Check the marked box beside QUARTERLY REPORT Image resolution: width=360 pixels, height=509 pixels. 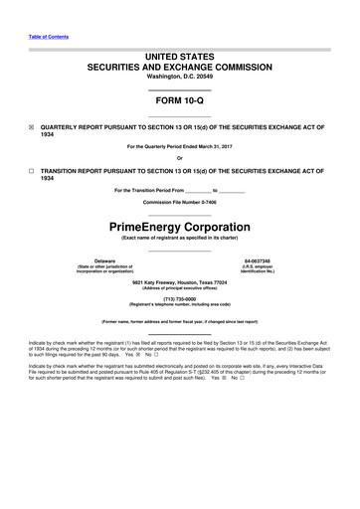point(30,128)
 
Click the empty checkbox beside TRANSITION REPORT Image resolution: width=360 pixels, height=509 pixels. point(30,173)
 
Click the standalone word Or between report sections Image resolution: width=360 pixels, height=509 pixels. point(179,159)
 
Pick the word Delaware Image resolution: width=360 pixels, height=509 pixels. point(90,261)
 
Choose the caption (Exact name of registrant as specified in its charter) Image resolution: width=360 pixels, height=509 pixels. point(179,240)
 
